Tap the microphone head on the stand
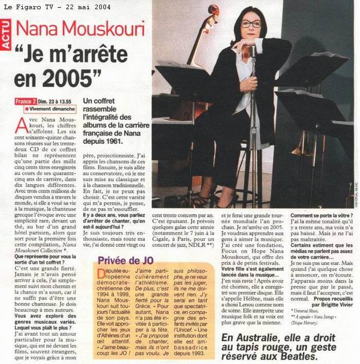tap(253, 50)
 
